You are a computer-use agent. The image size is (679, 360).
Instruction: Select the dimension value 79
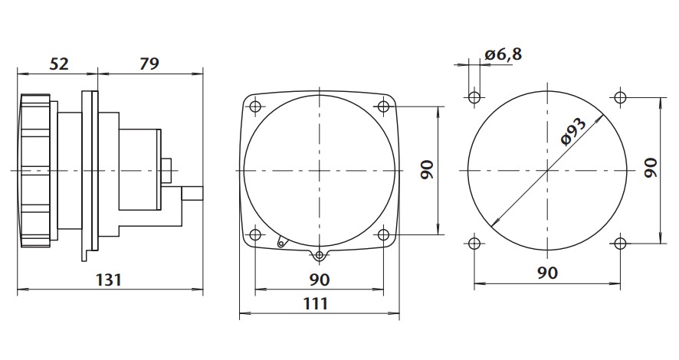point(149,64)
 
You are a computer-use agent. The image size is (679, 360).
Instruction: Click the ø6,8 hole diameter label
point(504,54)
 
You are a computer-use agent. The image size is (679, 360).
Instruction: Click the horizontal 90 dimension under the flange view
point(319,280)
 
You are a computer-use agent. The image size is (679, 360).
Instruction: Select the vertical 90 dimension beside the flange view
point(427,170)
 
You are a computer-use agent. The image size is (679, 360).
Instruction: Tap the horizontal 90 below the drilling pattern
point(548,273)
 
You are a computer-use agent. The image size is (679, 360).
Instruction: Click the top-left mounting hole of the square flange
point(255,106)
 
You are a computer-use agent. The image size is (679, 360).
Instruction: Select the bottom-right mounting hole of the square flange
point(383,234)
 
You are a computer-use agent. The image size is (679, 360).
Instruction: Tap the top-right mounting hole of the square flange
point(383,106)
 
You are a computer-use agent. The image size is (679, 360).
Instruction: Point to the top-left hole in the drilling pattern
point(474,97)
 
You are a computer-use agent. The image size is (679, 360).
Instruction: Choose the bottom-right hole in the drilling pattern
point(620,244)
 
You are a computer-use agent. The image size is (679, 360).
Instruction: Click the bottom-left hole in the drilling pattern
point(474,244)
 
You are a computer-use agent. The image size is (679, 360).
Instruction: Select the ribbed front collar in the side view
point(37,170)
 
